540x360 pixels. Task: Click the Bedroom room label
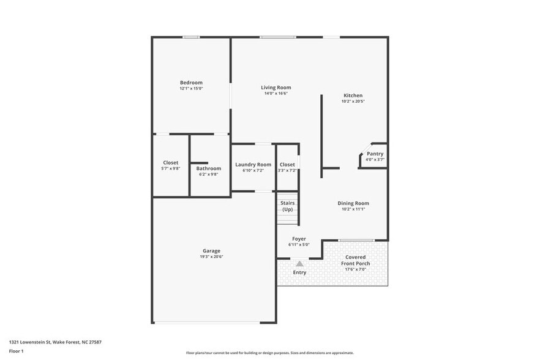point(191,83)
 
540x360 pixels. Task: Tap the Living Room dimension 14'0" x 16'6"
point(276,94)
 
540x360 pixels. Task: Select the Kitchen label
point(353,96)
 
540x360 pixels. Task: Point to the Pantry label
point(375,154)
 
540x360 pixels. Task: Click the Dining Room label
point(353,203)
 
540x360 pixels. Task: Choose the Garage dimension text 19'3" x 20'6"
point(211,257)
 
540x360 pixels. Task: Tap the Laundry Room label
point(253,164)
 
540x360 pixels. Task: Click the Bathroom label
point(208,168)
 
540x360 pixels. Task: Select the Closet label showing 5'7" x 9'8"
point(171,163)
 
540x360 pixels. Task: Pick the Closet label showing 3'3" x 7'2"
point(287,164)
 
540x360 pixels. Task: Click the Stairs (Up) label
point(287,206)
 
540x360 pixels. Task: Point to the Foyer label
point(299,239)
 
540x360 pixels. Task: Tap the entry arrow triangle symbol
point(299,263)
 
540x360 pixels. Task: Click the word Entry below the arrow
point(299,272)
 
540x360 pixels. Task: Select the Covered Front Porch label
point(355,260)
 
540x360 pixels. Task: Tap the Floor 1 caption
point(16,351)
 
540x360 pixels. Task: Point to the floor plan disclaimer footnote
point(270,353)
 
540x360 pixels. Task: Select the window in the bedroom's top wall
point(191,37)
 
